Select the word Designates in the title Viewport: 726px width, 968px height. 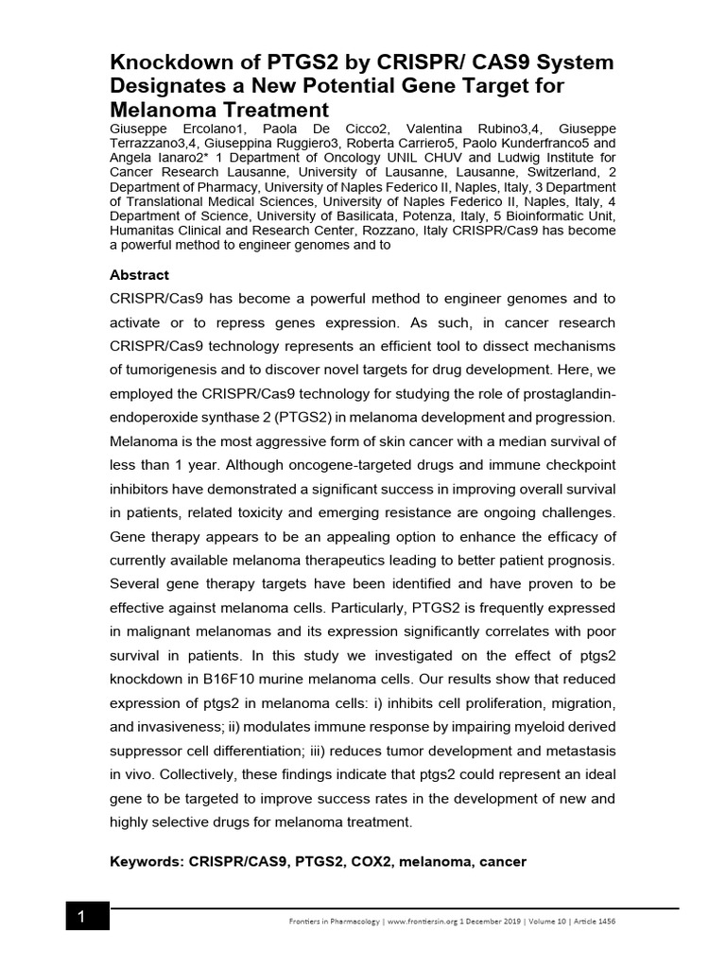coord(178,87)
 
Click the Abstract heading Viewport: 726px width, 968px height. coord(139,275)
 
